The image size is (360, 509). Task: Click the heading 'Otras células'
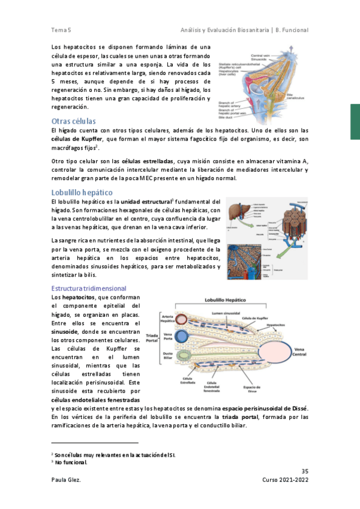click(x=74, y=121)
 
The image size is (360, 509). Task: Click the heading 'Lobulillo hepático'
click(x=82, y=192)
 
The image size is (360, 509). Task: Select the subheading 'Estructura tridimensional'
click(x=89, y=289)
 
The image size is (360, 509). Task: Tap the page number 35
click(x=304, y=470)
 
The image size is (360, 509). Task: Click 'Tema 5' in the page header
click(x=62, y=30)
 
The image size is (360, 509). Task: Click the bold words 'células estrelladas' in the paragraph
click(x=148, y=161)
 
